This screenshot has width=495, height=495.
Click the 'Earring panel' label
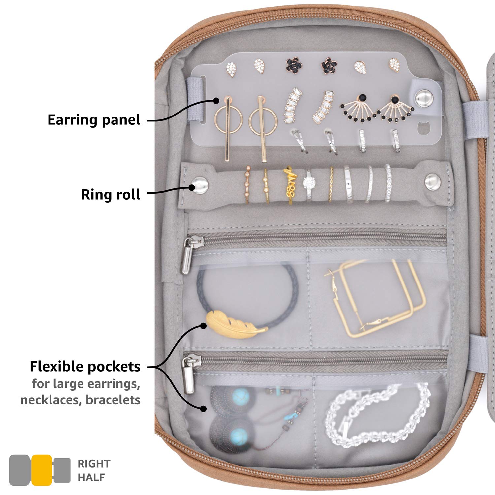(94, 120)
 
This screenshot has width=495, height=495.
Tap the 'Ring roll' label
(111, 194)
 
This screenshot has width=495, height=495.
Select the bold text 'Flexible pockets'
(85, 367)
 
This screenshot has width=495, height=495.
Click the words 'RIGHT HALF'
(94, 470)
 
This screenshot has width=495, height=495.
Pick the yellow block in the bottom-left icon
(42, 470)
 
